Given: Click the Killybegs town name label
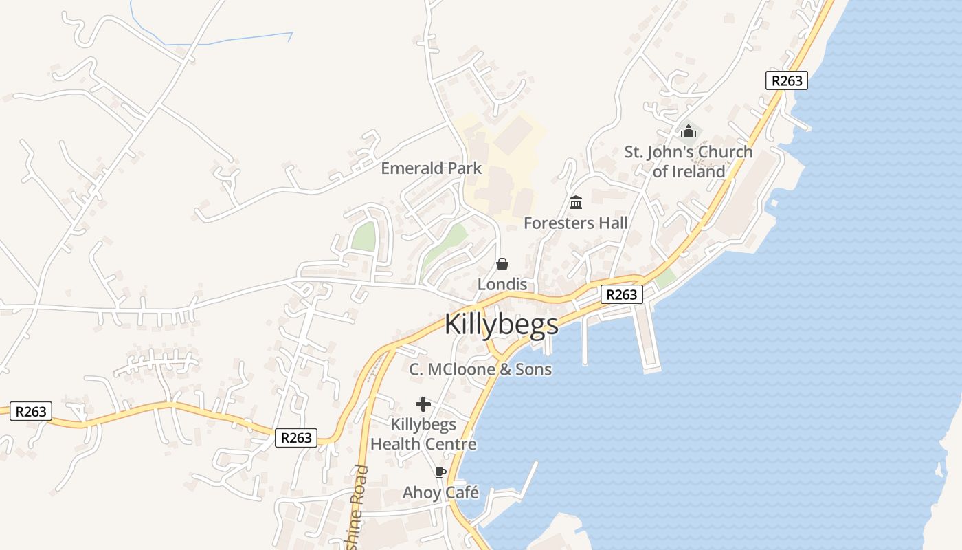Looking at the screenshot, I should pyautogui.click(x=502, y=324).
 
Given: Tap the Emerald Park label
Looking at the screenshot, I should pyautogui.click(x=432, y=168).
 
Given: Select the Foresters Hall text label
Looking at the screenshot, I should pyautogui.click(x=576, y=223).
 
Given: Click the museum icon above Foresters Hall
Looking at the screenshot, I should pyautogui.click(x=576, y=203).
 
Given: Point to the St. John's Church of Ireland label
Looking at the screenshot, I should pyautogui.click(x=689, y=162).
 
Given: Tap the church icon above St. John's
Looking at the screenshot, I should pyautogui.click(x=688, y=131).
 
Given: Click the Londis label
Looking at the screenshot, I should pyautogui.click(x=502, y=284).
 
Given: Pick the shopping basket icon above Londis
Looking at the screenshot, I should pyautogui.click(x=502, y=264).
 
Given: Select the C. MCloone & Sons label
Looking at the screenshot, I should pyautogui.click(x=480, y=369).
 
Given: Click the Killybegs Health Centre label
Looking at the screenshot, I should pyautogui.click(x=423, y=434).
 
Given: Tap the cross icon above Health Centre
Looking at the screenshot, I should pyautogui.click(x=423, y=404).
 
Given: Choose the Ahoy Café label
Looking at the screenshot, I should pyautogui.click(x=440, y=492).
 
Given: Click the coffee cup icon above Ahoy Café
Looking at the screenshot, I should pyautogui.click(x=440, y=472).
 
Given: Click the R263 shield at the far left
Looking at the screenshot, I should pyautogui.click(x=30, y=411).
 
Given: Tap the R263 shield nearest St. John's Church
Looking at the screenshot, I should pyautogui.click(x=787, y=80).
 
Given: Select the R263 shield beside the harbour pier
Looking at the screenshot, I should pyautogui.click(x=621, y=294).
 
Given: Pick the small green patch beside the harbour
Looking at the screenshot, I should pyautogui.click(x=664, y=278).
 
